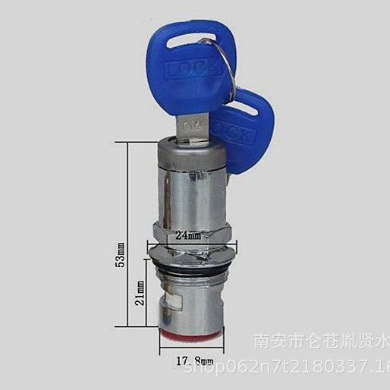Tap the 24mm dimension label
(189, 236)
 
